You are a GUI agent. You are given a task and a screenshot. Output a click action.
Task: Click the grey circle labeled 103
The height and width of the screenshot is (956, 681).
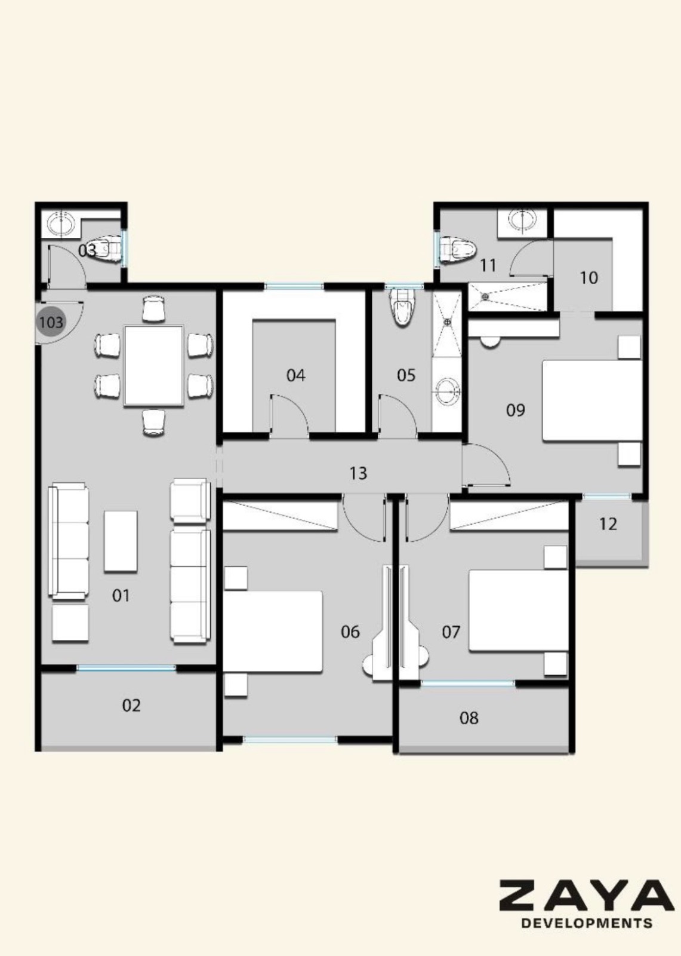pos(51,322)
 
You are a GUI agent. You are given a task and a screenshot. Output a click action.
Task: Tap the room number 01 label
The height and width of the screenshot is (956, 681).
pos(121,595)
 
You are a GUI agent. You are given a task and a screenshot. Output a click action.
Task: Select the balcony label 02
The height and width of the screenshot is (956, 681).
pos(131,706)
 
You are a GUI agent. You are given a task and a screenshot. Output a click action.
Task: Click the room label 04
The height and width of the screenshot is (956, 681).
pos(295,376)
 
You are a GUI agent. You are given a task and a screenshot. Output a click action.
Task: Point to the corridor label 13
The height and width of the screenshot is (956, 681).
pos(358,473)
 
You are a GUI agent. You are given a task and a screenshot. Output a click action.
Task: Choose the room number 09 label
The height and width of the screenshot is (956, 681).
pos(515,410)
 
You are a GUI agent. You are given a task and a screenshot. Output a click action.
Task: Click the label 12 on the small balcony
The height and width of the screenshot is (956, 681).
pos(608,523)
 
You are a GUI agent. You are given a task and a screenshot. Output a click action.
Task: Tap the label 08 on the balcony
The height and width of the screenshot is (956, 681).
pos(469,718)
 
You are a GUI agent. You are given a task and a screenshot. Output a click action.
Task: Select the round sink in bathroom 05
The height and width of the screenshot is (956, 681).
pos(448,389)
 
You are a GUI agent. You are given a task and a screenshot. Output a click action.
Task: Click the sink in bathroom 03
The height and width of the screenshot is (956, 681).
pos(60,223)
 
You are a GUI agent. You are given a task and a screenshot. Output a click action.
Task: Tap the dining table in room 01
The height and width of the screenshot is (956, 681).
pos(153,365)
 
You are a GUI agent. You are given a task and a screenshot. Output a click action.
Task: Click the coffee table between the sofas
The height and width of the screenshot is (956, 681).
pos(121,541)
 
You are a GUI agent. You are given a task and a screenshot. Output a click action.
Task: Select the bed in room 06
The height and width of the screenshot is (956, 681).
pos(273,631)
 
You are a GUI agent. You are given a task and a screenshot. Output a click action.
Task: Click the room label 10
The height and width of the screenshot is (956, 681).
pos(589,278)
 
